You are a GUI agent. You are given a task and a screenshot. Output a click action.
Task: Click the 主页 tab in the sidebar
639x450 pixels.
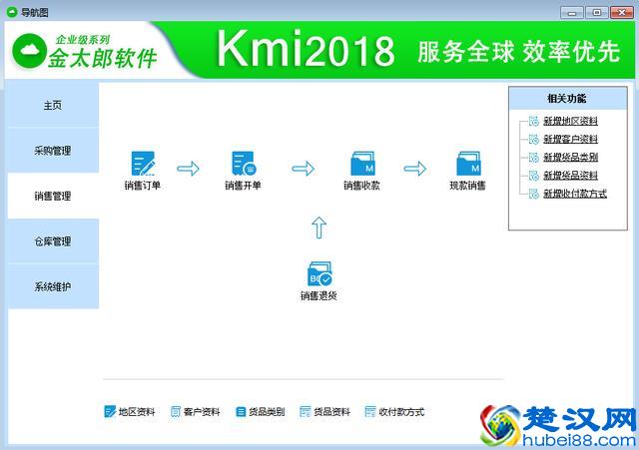[x=53, y=106]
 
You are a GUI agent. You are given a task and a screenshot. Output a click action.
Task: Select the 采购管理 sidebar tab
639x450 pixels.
[x=53, y=151]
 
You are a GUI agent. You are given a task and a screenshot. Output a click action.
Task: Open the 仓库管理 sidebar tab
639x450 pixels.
[x=53, y=241]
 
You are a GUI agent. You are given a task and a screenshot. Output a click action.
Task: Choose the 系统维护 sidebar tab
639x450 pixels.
[x=53, y=286]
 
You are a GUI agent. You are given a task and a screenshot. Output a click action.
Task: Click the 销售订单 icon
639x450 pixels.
[x=143, y=164]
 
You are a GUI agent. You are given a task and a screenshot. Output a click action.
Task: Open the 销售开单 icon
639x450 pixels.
[x=243, y=164]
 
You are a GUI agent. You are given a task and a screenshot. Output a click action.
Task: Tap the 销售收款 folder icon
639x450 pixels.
[x=361, y=164]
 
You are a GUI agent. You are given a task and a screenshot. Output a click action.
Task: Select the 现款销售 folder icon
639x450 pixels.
[x=468, y=164]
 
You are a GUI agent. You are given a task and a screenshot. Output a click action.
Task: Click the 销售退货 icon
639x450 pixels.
[x=319, y=274]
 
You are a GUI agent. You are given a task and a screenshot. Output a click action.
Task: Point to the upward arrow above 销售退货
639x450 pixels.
[x=319, y=227]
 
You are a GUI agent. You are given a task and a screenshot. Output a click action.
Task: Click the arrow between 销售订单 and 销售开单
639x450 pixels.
[x=188, y=168]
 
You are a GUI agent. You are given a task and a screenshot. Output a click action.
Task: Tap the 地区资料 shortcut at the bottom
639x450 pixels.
[x=130, y=412]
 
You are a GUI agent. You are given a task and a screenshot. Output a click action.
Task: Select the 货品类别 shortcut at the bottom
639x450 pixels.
[x=260, y=412]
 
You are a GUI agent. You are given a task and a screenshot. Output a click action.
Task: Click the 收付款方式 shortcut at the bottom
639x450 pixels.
[x=394, y=412]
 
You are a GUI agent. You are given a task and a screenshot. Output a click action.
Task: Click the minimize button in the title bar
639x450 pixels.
[x=570, y=11]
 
